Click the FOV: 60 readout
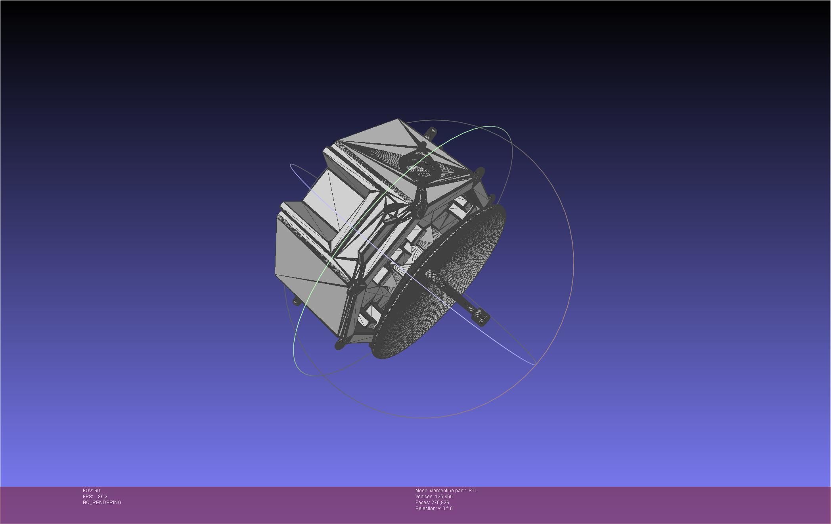[91, 491]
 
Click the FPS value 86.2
[102, 497]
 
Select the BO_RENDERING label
[102, 503]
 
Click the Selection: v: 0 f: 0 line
[434, 509]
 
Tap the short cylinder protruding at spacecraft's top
[431, 132]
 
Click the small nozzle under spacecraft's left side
[296, 302]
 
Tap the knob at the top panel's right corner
[479, 173]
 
